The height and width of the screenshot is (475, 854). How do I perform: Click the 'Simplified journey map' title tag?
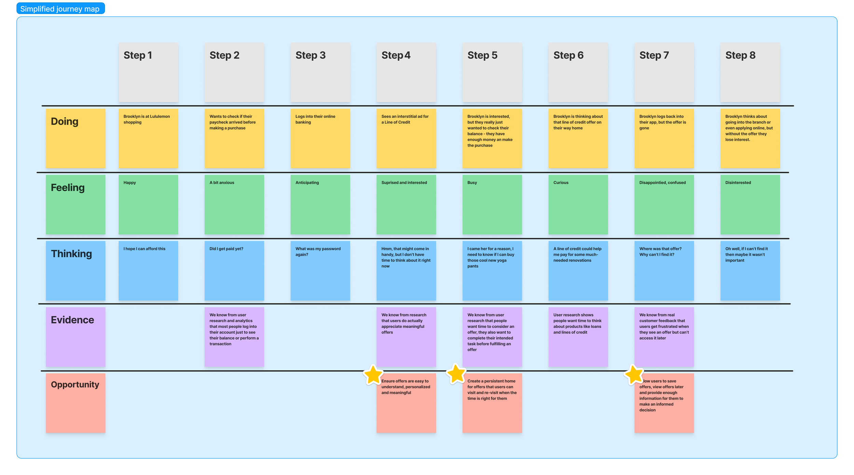coord(60,9)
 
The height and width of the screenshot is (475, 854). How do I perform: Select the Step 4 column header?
coord(406,72)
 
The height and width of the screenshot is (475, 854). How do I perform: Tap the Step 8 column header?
coord(750,72)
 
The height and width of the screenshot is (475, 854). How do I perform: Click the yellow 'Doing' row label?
coord(75,138)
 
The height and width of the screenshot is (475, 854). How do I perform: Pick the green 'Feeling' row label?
coord(75,204)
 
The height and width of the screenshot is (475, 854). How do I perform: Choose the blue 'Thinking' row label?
coord(75,270)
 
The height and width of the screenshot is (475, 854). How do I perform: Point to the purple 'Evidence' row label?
coord(75,337)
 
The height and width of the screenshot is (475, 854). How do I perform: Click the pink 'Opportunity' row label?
coord(75,403)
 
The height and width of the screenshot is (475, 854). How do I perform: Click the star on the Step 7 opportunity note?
coord(634,375)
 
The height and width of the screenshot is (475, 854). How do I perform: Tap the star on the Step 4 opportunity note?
coord(373,375)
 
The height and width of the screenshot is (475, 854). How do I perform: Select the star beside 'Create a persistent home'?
coord(456,374)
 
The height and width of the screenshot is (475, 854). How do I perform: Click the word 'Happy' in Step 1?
coord(129,182)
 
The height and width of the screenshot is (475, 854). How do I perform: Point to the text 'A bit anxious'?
coord(222,182)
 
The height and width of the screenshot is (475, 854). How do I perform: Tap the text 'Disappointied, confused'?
coord(662,182)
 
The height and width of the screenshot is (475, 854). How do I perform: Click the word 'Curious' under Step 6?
coord(561,182)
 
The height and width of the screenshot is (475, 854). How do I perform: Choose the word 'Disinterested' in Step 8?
coord(738,182)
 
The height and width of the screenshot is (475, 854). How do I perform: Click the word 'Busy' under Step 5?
coord(472,182)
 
